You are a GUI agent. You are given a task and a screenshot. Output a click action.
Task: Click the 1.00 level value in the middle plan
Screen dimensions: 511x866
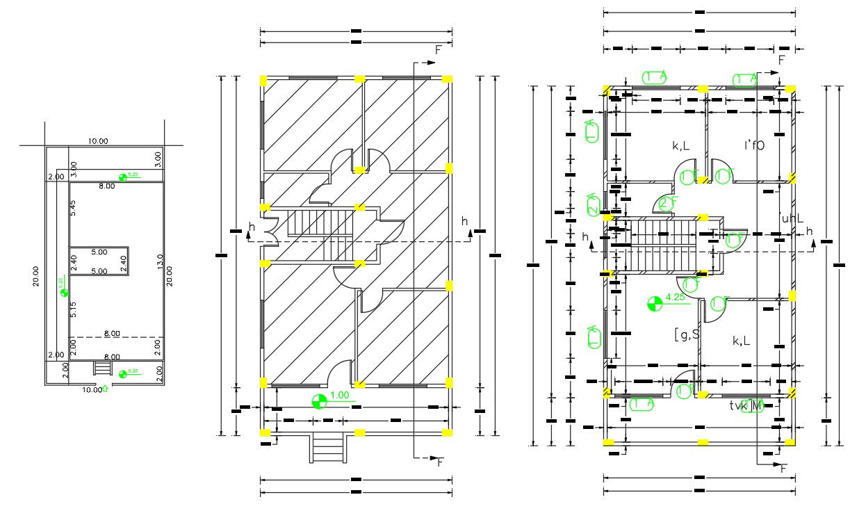[338, 395]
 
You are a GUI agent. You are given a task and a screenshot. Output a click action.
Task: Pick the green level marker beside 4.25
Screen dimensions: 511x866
[654, 303]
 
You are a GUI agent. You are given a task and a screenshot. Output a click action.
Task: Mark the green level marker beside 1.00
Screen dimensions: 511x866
[319, 401]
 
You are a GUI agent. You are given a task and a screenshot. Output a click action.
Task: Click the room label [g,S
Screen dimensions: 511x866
[686, 334]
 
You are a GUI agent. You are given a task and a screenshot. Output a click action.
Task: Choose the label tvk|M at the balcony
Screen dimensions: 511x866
[745, 405]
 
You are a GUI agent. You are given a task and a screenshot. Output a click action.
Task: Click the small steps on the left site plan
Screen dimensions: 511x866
[103, 366]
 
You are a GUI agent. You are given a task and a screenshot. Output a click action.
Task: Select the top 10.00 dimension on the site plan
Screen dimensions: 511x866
[98, 141]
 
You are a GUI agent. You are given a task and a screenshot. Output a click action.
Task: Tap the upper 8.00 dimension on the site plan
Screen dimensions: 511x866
[106, 186]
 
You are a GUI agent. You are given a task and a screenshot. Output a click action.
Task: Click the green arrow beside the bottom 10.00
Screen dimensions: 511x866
[106, 389]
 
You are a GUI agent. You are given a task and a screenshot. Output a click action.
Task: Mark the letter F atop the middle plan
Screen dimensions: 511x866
[439, 50]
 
